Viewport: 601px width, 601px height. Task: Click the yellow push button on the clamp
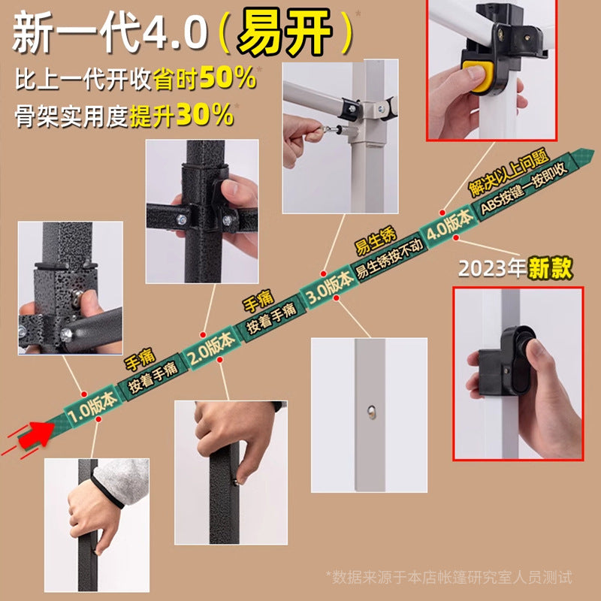tap(479, 77)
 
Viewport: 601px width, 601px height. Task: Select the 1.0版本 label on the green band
tap(92, 406)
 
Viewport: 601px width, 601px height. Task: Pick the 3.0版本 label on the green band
tap(329, 286)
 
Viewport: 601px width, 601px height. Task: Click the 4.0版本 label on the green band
tap(448, 226)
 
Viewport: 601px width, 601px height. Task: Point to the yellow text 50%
tap(228, 78)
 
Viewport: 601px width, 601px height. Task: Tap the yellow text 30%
tap(204, 115)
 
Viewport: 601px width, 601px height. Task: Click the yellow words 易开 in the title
tap(284, 32)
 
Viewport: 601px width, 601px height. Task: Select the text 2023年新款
tap(515, 268)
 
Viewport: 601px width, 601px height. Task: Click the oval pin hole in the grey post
tap(371, 412)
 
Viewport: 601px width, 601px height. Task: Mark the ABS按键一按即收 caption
tap(524, 189)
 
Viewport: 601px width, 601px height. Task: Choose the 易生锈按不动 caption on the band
tap(390, 258)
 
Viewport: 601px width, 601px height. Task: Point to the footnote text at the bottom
tap(448, 577)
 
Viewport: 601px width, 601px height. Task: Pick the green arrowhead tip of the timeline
tap(593, 152)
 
